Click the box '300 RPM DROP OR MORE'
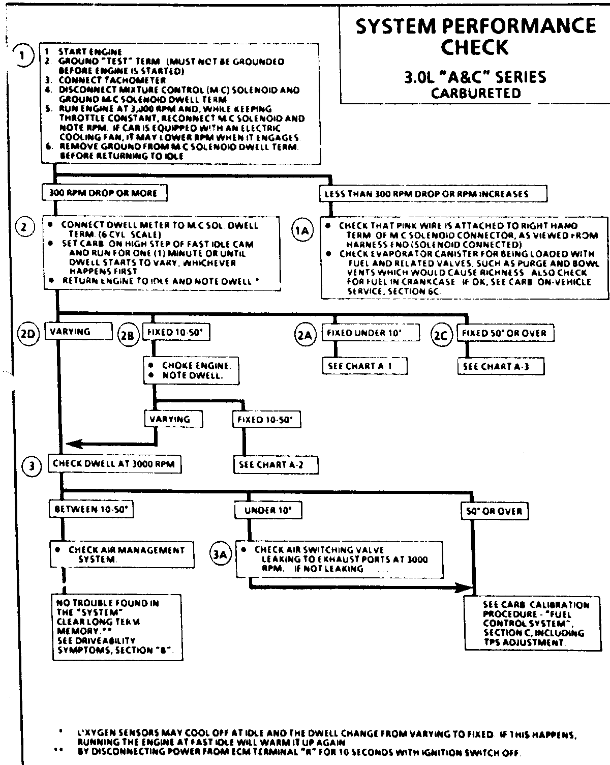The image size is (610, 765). (103, 193)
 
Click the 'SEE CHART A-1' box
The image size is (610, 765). (365, 366)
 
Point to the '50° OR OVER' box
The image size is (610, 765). (494, 511)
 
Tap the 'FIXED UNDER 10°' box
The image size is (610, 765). (371, 333)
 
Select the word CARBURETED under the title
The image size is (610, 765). (475, 94)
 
